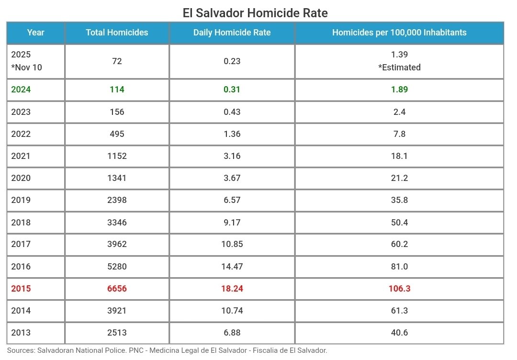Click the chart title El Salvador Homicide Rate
(x=255, y=12)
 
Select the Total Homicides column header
(x=117, y=33)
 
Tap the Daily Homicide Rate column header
(x=232, y=33)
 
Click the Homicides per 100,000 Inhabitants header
(x=399, y=33)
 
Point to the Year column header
(x=35, y=33)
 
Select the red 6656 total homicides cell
(x=117, y=289)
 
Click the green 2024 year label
(x=21, y=90)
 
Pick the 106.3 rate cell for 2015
(x=399, y=289)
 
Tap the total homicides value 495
(x=117, y=134)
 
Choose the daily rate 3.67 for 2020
(x=232, y=178)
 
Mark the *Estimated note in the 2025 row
(x=399, y=67)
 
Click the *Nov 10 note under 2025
(x=26, y=67)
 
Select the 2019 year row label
(x=21, y=200)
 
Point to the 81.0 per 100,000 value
(x=399, y=267)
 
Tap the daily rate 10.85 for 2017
(x=232, y=244)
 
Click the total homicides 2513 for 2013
(x=117, y=333)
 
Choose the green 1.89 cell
(x=399, y=90)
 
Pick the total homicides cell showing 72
(x=117, y=61)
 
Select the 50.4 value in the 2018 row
(x=399, y=223)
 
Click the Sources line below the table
(x=167, y=350)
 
